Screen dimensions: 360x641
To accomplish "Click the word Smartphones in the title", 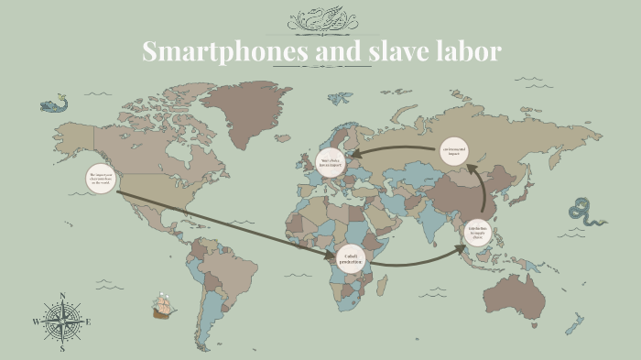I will pyautogui.click(x=224, y=51).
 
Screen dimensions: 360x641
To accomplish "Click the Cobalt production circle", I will pyautogui.click(x=350, y=260).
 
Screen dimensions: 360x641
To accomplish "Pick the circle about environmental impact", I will pyautogui.click(x=454, y=150).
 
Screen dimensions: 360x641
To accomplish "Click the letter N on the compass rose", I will pyautogui.click(x=62, y=295).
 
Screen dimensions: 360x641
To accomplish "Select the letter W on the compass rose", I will pyautogui.click(x=36, y=322).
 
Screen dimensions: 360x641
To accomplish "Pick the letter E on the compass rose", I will pyautogui.click(x=88, y=322).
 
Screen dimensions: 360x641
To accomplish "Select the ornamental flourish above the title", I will pyautogui.click(x=320, y=20).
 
